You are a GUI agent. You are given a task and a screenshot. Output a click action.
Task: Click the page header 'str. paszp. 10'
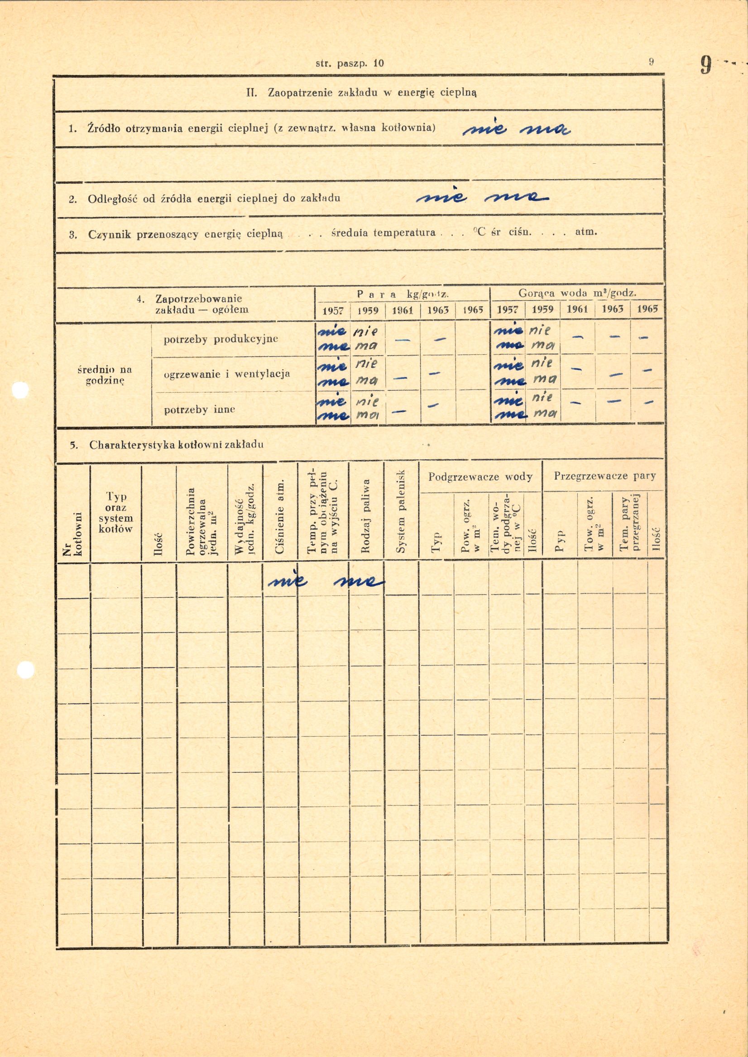(x=350, y=63)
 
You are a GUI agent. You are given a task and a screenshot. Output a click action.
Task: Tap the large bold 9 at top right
(x=705, y=65)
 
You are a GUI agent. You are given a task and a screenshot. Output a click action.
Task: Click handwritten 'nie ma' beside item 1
(x=516, y=131)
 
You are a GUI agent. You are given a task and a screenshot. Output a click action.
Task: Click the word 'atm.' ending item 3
(x=586, y=232)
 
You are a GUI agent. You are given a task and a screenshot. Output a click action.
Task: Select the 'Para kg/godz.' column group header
(x=403, y=294)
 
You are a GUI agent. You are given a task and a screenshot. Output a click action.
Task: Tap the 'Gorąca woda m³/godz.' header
(x=578, y=293)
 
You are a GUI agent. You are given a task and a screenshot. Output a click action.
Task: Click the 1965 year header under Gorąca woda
(x=647, y=309)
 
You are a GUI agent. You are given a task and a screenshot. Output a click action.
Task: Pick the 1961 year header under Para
(x=403, y=310)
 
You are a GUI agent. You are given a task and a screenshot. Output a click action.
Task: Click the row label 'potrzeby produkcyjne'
(x=221, y=339)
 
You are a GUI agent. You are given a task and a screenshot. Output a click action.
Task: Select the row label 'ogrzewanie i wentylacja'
(x=226, y=374)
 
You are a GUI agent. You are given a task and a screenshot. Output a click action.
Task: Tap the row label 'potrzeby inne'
(x=199, y=409)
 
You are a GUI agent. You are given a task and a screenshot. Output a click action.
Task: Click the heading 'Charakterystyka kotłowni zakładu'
(x=177, y=445)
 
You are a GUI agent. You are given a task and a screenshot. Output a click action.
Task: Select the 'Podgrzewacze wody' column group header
(x=480, y=476)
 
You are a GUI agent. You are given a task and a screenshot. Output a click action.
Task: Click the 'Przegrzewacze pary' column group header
(x=604, y=476)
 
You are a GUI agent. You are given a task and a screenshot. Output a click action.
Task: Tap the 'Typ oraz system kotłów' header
(x=116, y=512)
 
